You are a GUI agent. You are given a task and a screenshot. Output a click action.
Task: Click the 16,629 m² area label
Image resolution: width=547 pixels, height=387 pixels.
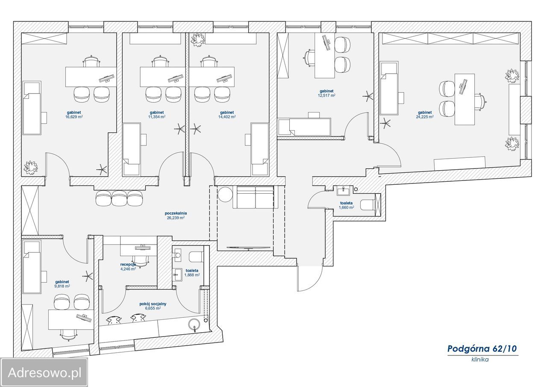74,117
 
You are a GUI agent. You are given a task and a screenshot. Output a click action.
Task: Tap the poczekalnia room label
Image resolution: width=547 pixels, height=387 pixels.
176,213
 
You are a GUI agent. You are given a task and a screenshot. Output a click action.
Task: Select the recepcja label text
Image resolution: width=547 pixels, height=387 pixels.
128,264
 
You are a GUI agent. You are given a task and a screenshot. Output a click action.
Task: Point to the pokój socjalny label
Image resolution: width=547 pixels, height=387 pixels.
153,304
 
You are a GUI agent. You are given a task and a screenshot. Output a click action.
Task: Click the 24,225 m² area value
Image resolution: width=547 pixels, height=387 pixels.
425,117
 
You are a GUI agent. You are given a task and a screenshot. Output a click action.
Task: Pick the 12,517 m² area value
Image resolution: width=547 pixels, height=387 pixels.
326,95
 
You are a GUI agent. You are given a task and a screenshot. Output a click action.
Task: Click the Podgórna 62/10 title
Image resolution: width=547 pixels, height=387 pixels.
482,349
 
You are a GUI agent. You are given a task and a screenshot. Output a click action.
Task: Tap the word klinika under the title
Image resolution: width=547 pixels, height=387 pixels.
480,359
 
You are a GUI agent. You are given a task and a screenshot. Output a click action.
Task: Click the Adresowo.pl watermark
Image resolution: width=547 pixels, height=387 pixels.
44,373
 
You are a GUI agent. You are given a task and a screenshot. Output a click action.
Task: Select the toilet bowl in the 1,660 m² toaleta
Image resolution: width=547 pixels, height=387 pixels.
368,204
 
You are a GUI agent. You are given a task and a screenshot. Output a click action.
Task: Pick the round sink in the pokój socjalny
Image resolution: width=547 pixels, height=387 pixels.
194,325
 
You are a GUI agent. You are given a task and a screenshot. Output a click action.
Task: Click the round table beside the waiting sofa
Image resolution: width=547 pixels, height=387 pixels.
225,194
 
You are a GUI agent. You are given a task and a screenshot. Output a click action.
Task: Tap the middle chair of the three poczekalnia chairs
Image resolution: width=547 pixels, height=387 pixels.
119,198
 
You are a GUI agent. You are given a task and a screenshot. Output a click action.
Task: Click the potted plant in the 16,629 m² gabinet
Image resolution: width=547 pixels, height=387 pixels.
31,167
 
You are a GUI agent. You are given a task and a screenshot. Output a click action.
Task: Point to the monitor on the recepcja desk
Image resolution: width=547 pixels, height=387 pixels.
143,247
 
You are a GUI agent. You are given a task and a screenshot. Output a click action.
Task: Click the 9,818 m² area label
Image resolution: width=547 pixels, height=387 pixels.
62,286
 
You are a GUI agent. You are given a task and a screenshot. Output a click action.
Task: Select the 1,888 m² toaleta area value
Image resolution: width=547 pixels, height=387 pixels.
192,275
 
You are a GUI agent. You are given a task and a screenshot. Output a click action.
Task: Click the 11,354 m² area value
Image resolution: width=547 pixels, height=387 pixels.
157,117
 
